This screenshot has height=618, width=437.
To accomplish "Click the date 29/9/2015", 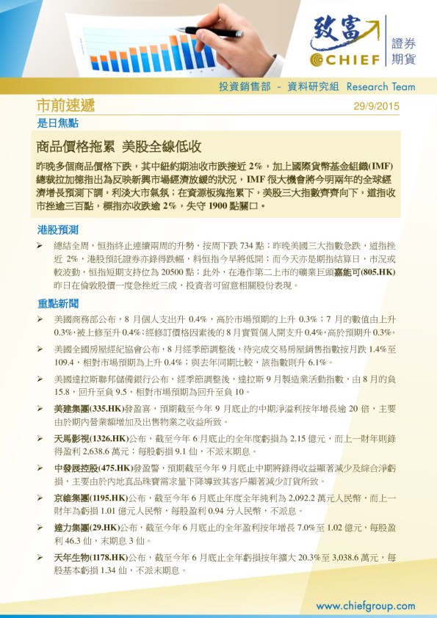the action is pos(376,106).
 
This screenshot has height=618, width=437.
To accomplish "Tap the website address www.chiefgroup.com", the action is pos(365,606).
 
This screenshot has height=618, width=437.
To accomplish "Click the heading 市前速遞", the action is pos(65,106).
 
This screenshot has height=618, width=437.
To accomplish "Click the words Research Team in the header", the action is pos(380,87).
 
